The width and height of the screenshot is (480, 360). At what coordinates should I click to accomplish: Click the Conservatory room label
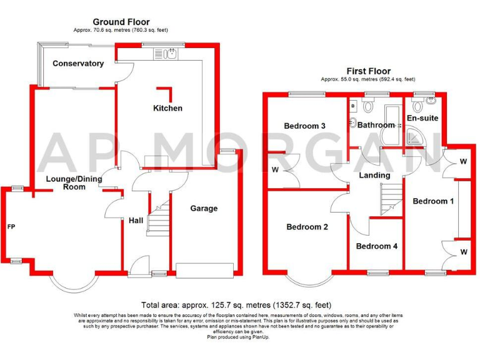pyautogui.click(x=78, y=63)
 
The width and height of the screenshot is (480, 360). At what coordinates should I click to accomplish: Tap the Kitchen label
pyautogui.click(x=167, y=108)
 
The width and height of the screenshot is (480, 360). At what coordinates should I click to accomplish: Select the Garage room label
pyautogui.click(x=204, y=208)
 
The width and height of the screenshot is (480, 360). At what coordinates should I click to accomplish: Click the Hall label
pyautogui.click(x=136, y=220)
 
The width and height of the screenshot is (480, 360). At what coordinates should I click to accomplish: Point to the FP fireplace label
pyautogui.click(x=11, y=226)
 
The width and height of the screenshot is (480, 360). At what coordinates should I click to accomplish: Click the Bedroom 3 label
pyautogui.click(x=304, y=126)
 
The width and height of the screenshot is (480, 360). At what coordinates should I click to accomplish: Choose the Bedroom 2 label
pyautogui.click(x=307, y=227)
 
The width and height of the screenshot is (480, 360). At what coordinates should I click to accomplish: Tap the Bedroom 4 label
pyautogui.click(x=376, y=246)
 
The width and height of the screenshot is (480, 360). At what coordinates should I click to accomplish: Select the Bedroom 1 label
pyautogui.click(x=433, y=201)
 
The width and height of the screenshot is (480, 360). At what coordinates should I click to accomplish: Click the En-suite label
pyautogui.click(x=422, y=117)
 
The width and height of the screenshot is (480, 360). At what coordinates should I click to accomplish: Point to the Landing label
pyautogui.click(x=374, y=175)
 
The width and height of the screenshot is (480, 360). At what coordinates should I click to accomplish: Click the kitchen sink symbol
pyautogui.click(x=171, y=54)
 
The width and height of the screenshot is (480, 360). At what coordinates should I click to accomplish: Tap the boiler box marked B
pyautogui.click(x=353, y=106)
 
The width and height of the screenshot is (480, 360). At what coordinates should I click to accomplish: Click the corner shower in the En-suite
pyautogui.click(x=416, y=137)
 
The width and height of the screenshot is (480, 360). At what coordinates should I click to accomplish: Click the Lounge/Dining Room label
pyautogui.click(x=74, y=182)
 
